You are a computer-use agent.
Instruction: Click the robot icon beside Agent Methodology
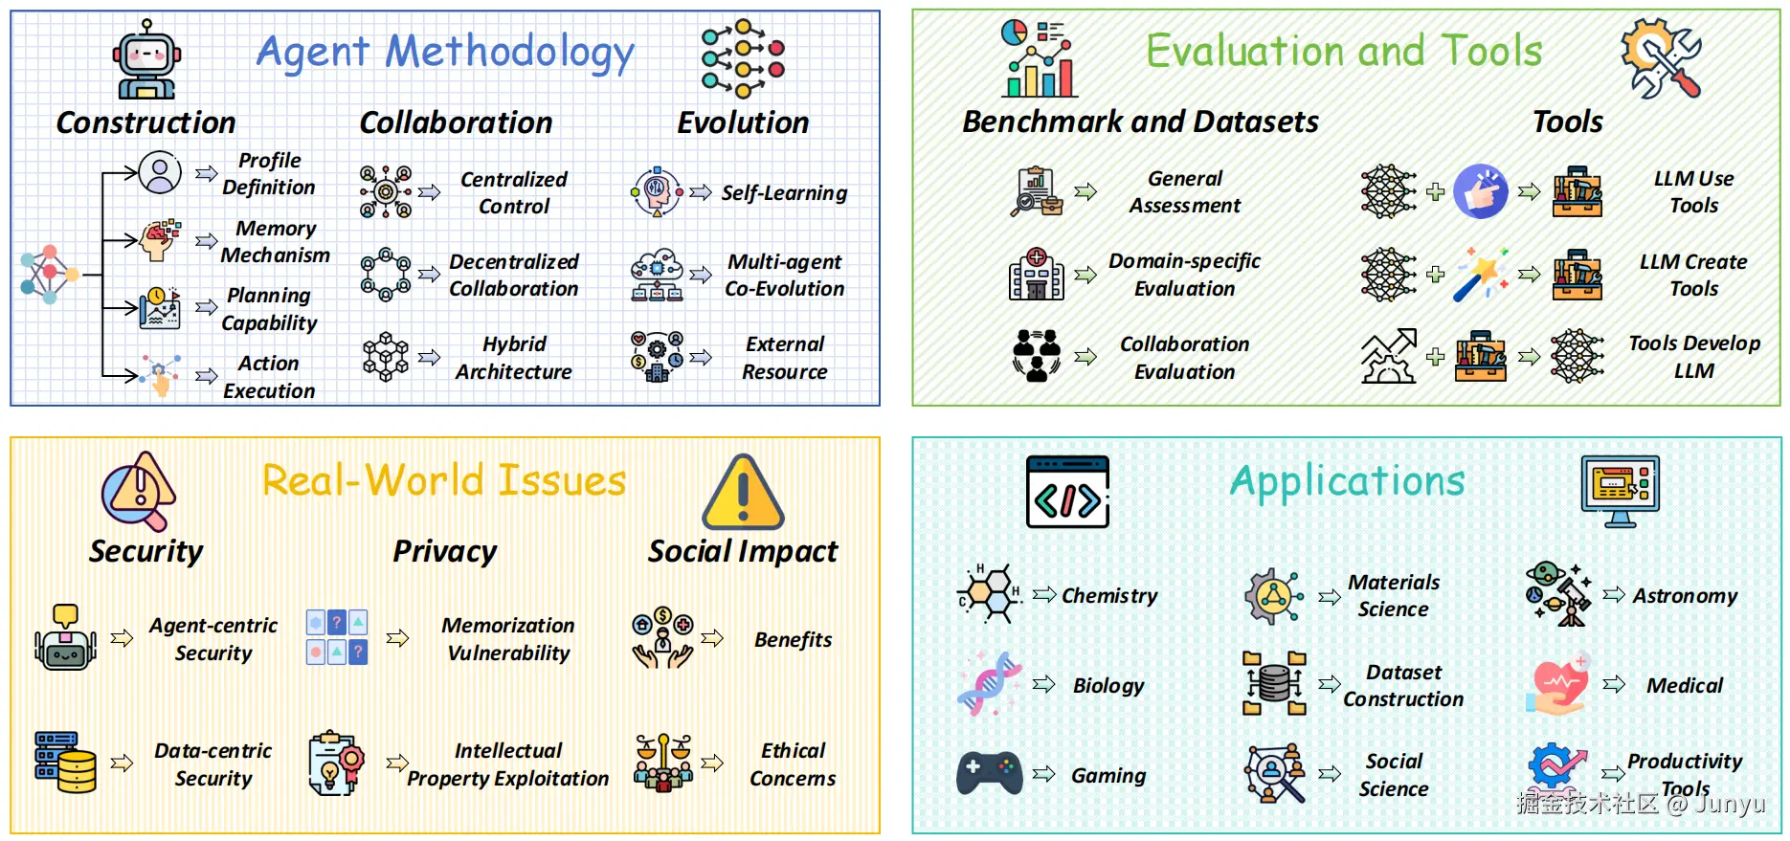point(146,60)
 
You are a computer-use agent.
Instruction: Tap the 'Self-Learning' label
point(784,193)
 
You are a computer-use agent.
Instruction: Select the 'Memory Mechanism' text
point(275,242)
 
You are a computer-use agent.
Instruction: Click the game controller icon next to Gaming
point(989,773)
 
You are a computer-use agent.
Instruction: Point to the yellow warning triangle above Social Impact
point(743,494)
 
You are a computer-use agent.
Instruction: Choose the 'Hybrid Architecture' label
point(514,358)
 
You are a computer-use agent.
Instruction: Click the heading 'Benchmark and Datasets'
point(1140,122)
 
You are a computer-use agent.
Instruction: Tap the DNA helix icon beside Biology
point(989,684)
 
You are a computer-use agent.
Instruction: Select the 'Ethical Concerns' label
point(793,764)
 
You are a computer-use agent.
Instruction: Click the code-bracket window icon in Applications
point(1067,492)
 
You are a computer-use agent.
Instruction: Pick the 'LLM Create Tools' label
point(1693,276)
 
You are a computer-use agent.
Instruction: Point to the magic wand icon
point(1480,275)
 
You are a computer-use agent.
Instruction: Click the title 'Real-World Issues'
point(444,480)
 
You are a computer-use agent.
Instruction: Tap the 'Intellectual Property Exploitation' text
point(508,764)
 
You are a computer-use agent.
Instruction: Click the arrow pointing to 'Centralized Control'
point(429,192)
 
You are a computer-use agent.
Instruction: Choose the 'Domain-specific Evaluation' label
point(1184,275)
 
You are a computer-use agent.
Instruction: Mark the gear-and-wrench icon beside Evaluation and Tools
point(1661,58)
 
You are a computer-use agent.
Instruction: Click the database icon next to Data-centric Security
point(66,763)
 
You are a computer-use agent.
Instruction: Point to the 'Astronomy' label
point(1685,596)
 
